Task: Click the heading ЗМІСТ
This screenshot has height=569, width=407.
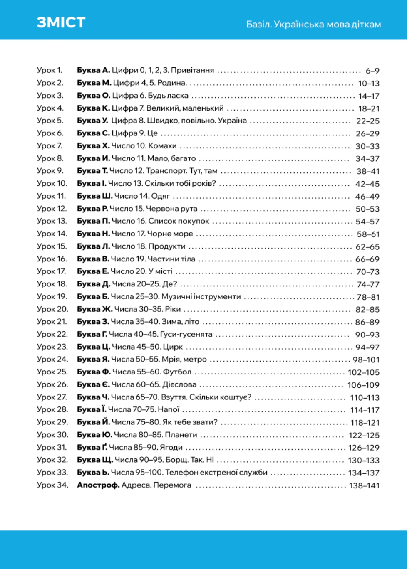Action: (61, 22)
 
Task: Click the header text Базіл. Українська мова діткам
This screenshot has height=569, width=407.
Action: (313, 25)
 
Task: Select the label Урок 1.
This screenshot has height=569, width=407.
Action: (49, 70)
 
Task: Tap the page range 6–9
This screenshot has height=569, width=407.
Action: (372, 71)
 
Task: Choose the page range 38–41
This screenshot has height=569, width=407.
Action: (368, 171)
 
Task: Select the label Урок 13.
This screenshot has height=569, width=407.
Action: (52, 221)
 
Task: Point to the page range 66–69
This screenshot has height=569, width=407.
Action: (367, 259)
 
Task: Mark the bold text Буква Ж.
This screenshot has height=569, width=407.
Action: (94, 309)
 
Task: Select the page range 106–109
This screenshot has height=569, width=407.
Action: (363, 385)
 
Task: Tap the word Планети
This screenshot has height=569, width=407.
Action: (181, 435)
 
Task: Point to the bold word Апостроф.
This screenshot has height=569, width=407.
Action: (98, 485)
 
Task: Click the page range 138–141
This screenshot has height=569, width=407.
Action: (364, 486)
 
